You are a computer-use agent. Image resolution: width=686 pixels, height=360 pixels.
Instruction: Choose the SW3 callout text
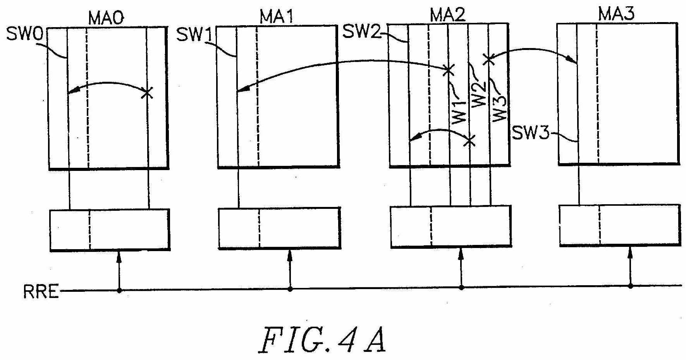point(530,134)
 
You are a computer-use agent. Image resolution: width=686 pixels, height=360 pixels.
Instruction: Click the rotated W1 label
point(459,111)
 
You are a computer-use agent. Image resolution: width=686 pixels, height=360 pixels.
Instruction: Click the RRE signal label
point(41,291)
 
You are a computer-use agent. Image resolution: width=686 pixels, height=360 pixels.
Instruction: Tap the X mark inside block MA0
point(147,93)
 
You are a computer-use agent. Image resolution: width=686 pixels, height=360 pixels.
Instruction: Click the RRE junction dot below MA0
point(119,290)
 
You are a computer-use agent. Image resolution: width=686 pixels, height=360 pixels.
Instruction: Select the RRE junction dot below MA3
point(630,286)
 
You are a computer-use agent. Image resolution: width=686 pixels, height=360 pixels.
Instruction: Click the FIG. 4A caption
point(322,340)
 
